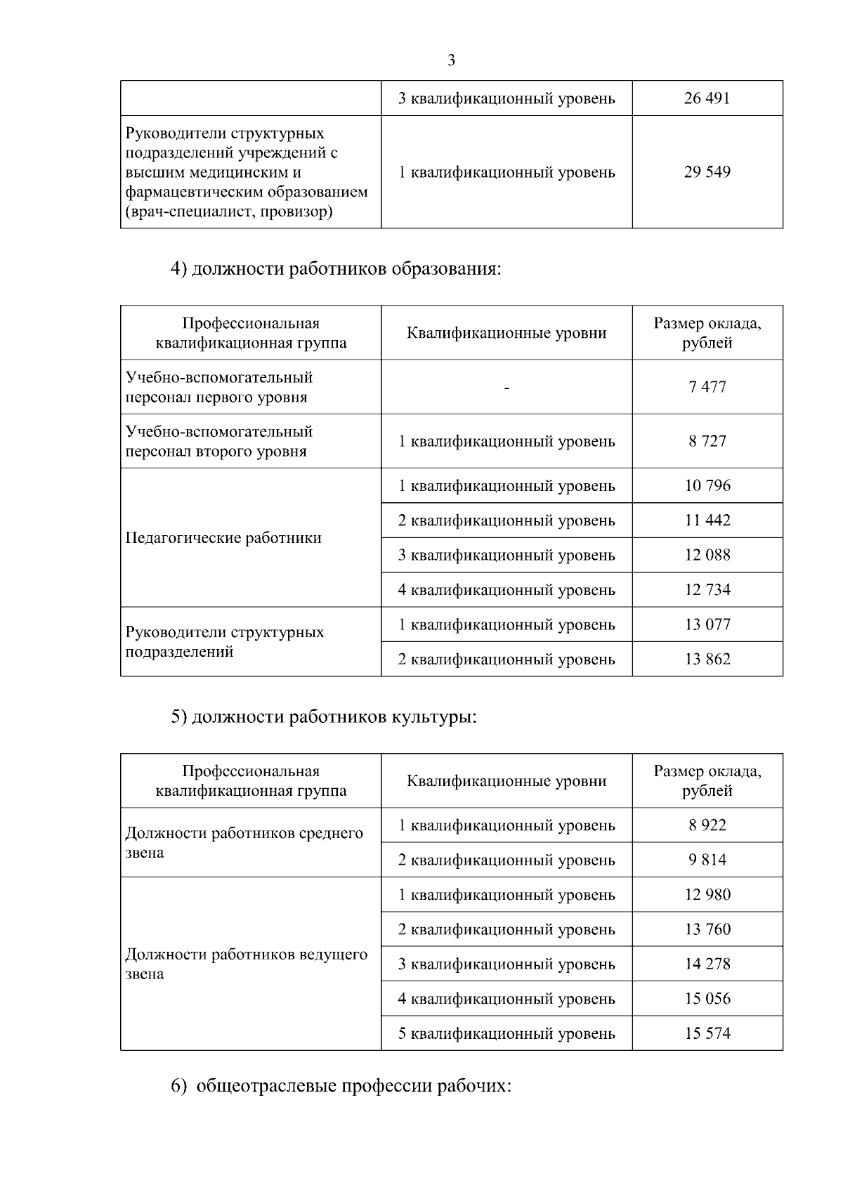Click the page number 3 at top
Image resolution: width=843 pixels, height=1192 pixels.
[451, 60]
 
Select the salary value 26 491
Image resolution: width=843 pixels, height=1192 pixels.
[707, 98]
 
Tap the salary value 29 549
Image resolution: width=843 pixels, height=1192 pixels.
[707, 172]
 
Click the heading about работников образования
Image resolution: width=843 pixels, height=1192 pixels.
[336, 269]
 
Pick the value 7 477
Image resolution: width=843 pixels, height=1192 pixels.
[707, 387]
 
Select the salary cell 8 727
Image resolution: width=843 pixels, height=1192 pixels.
[707, 441]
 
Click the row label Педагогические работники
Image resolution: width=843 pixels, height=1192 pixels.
[223, 538]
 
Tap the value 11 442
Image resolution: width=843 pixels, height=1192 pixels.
[707, 520]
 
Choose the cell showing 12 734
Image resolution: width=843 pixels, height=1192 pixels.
[707, 590]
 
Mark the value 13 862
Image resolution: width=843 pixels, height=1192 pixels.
[707, 660]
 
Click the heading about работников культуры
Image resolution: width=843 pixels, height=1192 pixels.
[324, 717]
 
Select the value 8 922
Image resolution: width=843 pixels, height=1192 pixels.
[707, 825]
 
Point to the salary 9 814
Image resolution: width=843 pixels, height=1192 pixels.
[707, 860]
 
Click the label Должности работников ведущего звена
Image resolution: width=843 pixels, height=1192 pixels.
[246, 964]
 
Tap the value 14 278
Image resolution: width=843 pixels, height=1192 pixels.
[707, 964]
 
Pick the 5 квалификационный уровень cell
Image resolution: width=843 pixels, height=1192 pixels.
[507, 1034]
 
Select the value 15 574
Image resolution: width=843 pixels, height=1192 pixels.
[707, 1034]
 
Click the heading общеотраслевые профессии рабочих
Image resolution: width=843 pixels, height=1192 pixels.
[341, 1086]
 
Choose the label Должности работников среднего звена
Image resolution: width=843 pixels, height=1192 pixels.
[244, 843]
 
